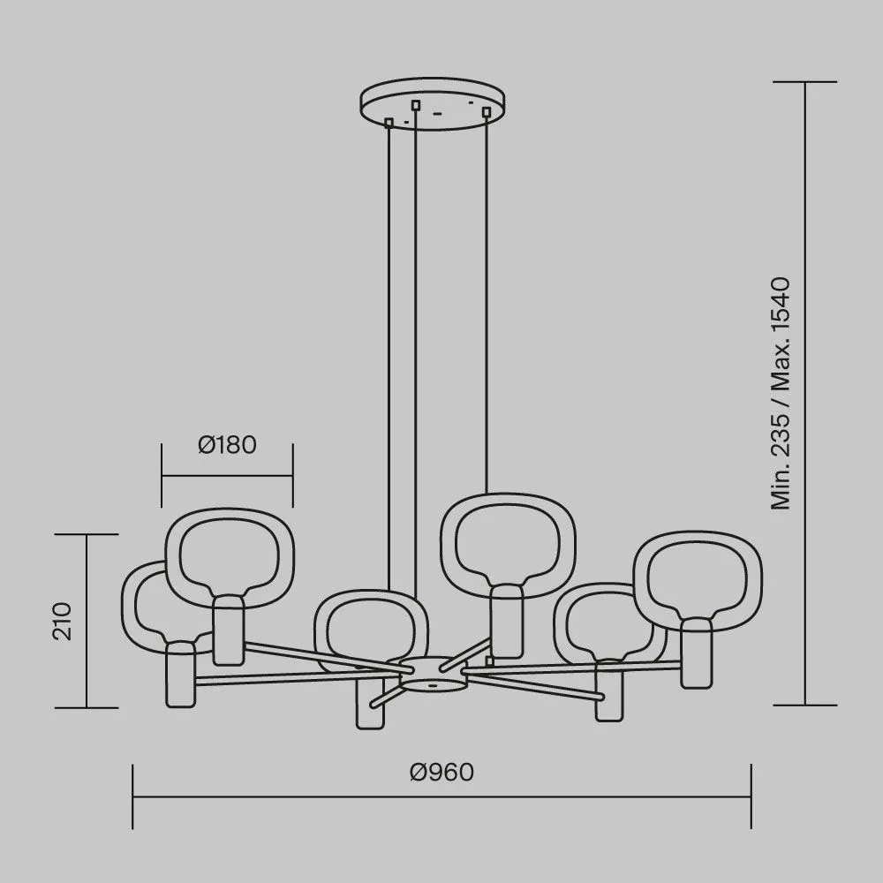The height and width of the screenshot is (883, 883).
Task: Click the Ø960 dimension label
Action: tap(442, 772)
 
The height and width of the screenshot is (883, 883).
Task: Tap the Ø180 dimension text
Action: tap(228, 445)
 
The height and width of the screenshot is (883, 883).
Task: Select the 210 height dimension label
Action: tap(63, 621)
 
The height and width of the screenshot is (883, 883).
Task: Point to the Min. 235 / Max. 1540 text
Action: tap(781, 393)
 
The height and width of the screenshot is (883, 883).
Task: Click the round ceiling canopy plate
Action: tap(433, 105)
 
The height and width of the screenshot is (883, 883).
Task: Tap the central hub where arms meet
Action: tap(433, 674)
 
